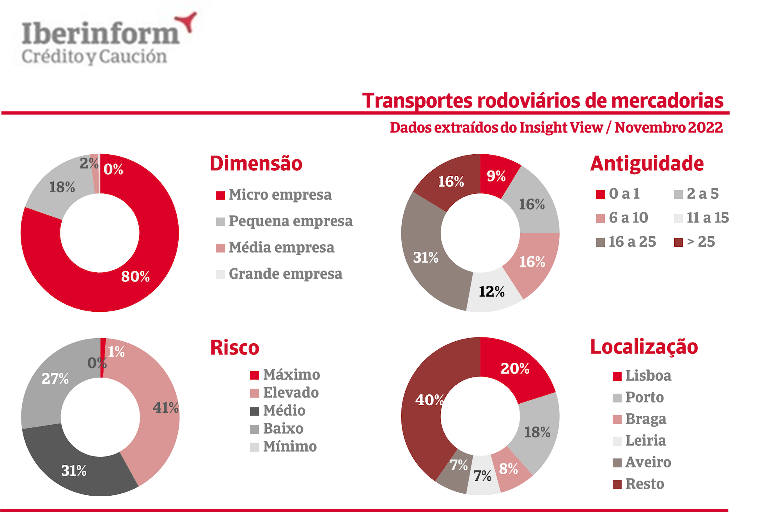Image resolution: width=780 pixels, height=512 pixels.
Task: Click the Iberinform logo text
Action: pos(100,34)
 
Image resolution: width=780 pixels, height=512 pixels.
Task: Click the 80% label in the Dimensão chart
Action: pos(135,276)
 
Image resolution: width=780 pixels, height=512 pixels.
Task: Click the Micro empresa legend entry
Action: pos(280,194)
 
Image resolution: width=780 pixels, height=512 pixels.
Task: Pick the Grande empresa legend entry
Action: pos(285,274)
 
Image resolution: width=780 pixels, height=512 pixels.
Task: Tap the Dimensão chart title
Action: pos(256,163)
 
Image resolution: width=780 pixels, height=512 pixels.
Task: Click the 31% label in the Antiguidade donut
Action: pos(425,258)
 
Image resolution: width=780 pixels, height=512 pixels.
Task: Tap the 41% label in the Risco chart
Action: pos(165,408)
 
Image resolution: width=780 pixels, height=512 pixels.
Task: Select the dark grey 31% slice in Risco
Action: pos(74,471)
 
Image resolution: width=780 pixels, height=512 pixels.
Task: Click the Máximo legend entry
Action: pos(291,375)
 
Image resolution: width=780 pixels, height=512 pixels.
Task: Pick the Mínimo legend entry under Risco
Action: pos(289,447)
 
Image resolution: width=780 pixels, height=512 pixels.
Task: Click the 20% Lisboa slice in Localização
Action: pos(515,369)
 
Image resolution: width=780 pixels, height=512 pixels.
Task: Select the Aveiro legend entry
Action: pos(648,462)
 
